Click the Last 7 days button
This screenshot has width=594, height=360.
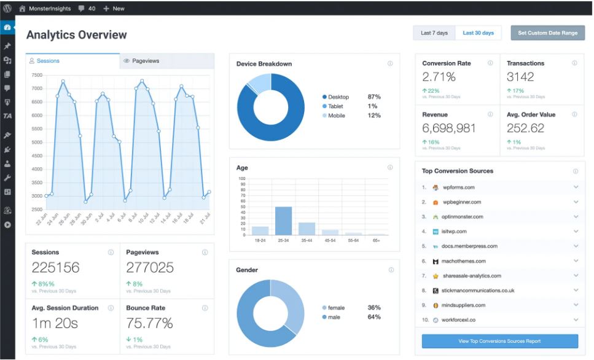click(434, 33)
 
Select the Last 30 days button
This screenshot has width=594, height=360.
click(478, 33)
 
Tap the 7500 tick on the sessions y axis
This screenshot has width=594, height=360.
click(36, 75)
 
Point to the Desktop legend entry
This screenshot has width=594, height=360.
click(338, 97)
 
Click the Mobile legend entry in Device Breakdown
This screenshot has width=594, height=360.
click(336, 115)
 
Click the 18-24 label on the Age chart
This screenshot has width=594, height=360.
click(260, 240)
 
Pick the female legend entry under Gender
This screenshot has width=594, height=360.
click(336, 308)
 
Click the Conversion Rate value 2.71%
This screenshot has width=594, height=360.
click(439, 77)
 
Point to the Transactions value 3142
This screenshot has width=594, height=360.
click(520, 77)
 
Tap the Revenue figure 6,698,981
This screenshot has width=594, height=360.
click(449, 128)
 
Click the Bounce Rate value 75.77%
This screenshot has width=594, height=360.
click(149, 323)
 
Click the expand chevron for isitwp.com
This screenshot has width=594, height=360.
click(576, 232)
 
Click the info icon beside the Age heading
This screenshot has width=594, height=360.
click(390, 167)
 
